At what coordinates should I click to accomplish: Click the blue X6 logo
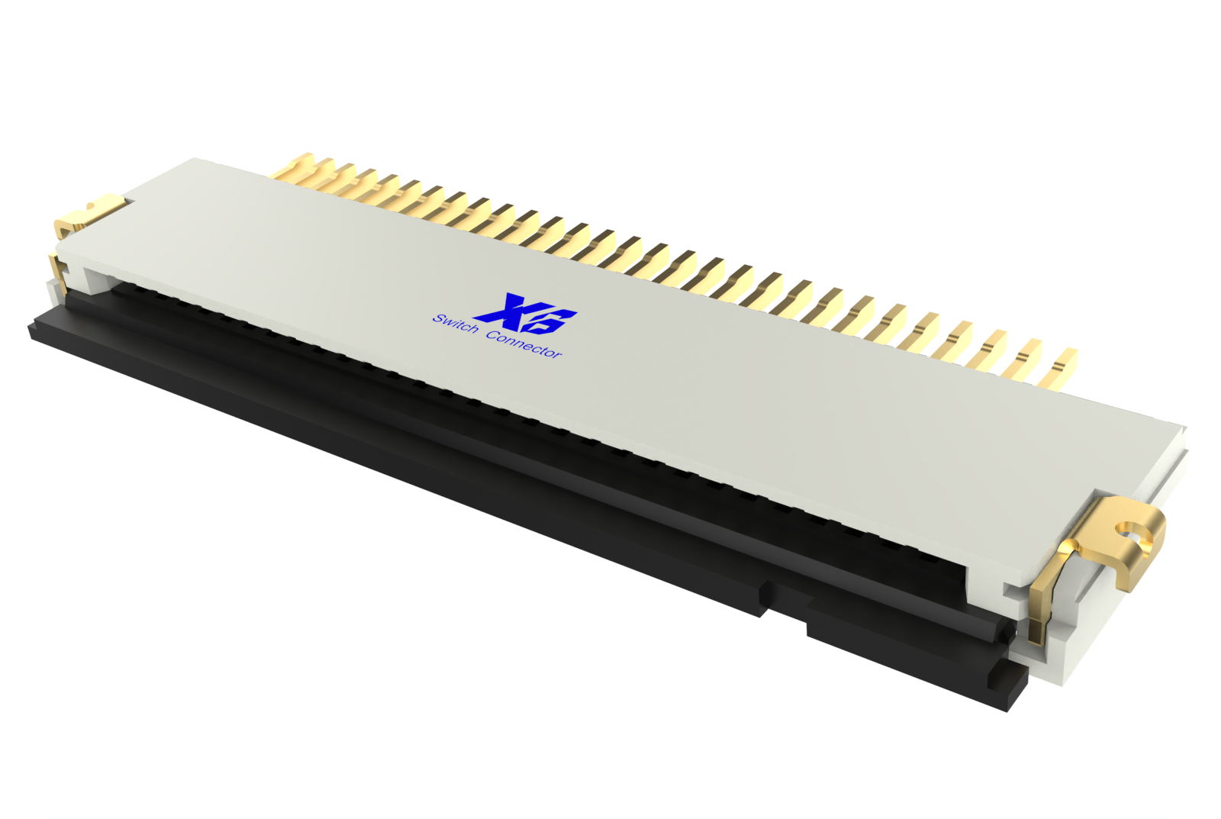click(526, 313)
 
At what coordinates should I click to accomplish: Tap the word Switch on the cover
click(455, 323)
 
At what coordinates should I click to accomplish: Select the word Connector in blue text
click(524, 345)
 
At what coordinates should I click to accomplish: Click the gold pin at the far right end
click(1063, 367)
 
